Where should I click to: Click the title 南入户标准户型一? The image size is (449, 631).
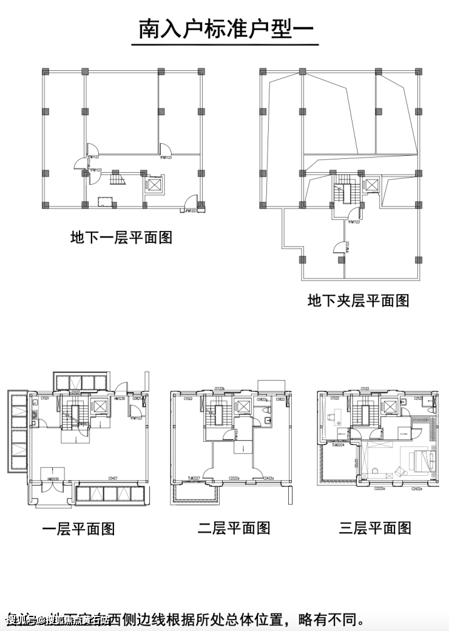225,28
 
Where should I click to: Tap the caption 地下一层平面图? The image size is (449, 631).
121,237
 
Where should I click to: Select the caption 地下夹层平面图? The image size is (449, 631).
358,300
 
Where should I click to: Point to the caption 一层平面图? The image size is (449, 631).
78,529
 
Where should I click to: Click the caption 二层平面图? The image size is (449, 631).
234,527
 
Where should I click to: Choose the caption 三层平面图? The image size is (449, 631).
375,527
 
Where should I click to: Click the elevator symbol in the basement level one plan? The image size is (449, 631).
155,184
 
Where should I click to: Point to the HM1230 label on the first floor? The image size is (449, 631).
119,398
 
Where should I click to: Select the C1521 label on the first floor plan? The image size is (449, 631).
45,398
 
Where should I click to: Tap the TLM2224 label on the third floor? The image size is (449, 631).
338,444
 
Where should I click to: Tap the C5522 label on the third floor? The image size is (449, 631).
334,398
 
